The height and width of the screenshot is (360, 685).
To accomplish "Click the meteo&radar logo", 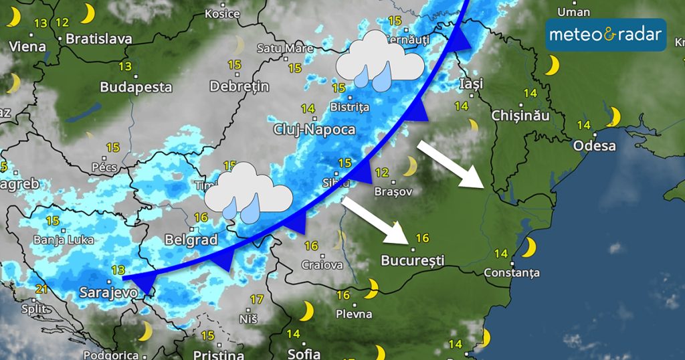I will (606, 35).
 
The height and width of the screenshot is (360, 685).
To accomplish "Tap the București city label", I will (413, 260).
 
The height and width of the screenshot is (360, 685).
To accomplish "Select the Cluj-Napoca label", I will (314, 129).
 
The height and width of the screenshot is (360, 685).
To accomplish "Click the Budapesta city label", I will (136, 87).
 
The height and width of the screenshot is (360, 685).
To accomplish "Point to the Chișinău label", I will (520, 115).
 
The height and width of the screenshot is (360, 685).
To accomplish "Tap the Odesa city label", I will (595, 145).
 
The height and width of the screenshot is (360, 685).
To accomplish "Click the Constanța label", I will (511, 273).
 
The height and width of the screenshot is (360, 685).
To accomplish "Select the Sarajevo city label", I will (108, 292).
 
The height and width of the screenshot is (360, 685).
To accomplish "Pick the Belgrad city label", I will (191, 240).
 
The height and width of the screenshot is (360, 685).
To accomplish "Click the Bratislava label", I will (99, 38).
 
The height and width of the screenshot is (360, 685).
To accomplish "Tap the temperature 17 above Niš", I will (256, 299).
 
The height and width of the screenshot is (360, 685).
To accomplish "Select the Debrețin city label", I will (239, 86).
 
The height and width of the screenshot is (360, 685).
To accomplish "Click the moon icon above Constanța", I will (529, 248).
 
